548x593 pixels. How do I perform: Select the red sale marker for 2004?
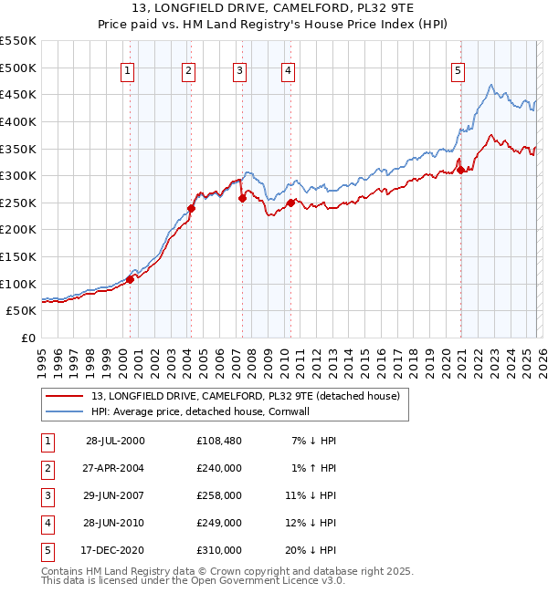coord(192,208)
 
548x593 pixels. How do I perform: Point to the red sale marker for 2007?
coord(242,198)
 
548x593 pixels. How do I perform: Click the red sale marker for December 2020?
coord(461,170)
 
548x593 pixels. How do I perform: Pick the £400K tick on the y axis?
coord(18,121)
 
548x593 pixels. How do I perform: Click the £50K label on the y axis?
coord(22,311)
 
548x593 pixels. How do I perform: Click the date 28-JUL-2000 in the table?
coord(115,441)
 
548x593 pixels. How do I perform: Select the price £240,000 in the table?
coord(219,468)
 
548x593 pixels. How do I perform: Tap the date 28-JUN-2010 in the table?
coord(115,523)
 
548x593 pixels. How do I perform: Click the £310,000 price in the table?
coord(219,550)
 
